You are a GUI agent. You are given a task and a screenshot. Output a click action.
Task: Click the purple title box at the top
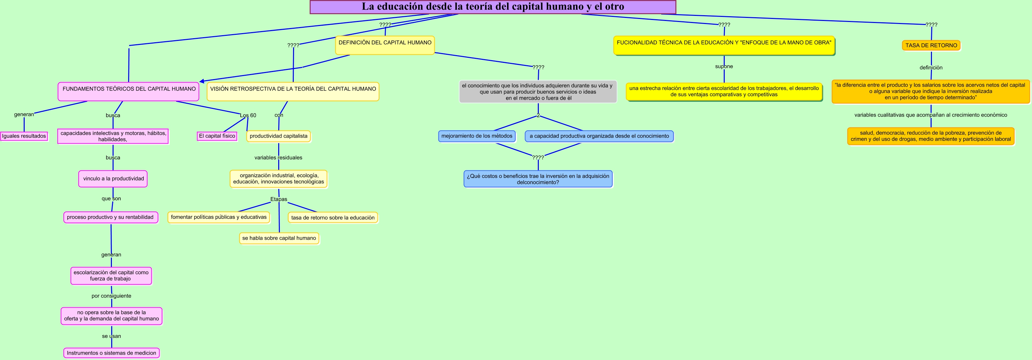(x=493, y=7)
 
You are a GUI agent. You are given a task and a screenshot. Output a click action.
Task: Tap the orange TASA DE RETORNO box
(x=931, y=45)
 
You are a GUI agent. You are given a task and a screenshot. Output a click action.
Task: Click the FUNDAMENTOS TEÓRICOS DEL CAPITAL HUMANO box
(x=128, y=91)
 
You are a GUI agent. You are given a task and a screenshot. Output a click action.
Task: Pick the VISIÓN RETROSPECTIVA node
(x=293, y=91)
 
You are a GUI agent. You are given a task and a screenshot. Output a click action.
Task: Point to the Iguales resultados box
(x=24, y=136)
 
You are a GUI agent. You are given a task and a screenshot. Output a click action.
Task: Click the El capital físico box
(x=217, y=136)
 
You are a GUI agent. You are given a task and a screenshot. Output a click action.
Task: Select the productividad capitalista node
(x=279, y=136)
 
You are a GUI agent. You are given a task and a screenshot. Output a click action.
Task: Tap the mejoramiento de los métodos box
(x=477, y=136)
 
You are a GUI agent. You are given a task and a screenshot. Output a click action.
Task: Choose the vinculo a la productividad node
(x=113, y=178)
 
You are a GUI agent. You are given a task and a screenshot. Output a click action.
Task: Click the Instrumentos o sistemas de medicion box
(x=111, y=353)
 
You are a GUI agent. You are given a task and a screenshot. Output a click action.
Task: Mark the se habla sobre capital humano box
(x=279, y=238)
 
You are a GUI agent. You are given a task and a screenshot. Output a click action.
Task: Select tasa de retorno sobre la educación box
(x=333, y=218)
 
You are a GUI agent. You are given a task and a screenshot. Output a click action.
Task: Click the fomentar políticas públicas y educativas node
(x=218, y=217)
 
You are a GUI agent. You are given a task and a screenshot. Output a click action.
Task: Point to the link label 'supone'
(x=724, y=67)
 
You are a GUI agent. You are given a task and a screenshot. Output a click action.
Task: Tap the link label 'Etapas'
(x=279, y=199)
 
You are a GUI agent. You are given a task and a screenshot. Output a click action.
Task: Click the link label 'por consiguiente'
(x=111, y=296)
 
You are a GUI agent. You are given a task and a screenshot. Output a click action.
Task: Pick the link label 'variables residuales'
(x=278, y=158)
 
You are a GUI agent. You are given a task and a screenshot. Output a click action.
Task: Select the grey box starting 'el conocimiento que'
(x=537, y=92)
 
